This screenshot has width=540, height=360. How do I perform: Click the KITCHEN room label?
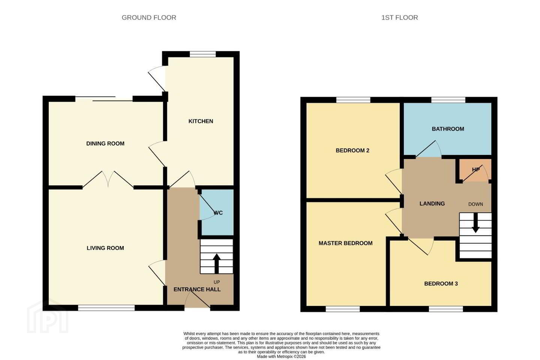(x=201, y=121)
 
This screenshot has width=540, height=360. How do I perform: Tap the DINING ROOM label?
(x=105, y=144)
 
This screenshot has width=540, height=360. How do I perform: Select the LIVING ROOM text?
(x=105, y=248)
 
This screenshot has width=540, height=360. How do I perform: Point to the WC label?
(x=218, y=213)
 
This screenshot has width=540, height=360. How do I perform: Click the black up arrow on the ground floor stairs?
(x=216, y=263)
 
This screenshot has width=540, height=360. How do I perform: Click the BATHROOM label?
(x=448, y=129)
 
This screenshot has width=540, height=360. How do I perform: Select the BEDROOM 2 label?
(x=352, y=150)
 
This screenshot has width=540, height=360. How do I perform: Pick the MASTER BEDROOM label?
(x=345, y=243)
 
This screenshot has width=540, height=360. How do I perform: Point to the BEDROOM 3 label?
(x=441, y=283)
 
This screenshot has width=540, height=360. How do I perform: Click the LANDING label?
(x=432, y=204)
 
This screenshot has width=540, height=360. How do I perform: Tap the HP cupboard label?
(x=475, y=169)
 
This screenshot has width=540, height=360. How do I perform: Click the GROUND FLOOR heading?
(x=149, y=18)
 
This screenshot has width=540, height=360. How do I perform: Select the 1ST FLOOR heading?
(x=399, y=18)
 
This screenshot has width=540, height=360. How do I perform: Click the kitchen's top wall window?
(x=202, y=54)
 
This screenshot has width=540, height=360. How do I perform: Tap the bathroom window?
(x=448, y=100)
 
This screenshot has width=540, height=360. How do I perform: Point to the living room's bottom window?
(x=106, y=307)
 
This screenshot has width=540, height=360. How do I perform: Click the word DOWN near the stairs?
(x=475, y=204)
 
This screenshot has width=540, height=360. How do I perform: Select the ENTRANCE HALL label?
(x=197, y=289)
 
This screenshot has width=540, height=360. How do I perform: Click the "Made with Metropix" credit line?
(x=281, y=356)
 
